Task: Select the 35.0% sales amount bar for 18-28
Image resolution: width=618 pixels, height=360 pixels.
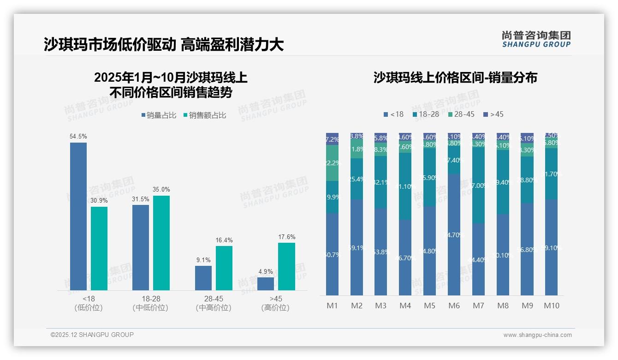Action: pos(161,243)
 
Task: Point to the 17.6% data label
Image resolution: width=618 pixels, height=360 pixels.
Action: pos(286,237)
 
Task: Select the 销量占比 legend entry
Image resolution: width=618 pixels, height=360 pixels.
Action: pos(159,115)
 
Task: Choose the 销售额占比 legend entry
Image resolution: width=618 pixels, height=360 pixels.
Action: pos(205,115)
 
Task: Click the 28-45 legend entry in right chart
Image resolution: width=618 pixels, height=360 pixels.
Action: pos(461,114)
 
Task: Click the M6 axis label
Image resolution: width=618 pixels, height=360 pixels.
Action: pos(454,306)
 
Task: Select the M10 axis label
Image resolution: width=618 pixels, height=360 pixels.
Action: pos(551,306)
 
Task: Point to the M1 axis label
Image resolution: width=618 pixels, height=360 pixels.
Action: pos(332,306)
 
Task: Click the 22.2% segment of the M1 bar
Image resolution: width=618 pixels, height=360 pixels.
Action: pos(332,163)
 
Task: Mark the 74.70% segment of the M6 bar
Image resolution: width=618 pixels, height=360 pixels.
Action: pos(454,234)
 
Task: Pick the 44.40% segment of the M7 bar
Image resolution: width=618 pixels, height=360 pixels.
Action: pos(478,259)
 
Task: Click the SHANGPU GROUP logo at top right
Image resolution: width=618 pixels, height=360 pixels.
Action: pos(536,39)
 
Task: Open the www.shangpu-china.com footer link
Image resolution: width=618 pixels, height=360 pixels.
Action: pos(537,335)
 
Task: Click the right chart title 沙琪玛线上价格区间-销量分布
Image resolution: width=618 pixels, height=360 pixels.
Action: pos(455,78)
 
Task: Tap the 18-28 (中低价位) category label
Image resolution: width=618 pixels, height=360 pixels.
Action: pos(150,303)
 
